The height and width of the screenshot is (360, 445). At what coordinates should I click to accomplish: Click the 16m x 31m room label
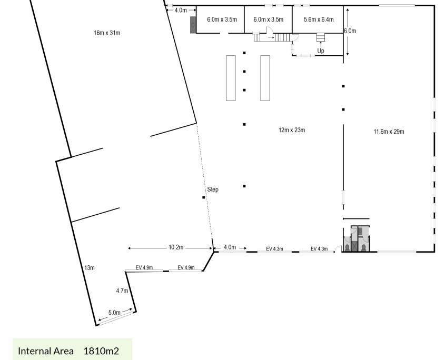(x=107, y=33)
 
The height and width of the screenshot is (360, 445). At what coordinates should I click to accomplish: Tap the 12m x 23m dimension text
(x=292, y=130)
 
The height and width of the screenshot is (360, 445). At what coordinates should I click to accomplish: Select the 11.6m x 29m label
(x=389, y=132)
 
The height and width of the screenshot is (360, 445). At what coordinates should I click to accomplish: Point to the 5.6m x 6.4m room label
(x=319, y=19)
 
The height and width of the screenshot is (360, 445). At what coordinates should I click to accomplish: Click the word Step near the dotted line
(x=213, y=189)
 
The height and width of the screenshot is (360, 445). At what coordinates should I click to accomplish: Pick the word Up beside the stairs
(x=321, y=51)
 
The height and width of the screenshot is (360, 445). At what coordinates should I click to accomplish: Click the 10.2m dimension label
(x=176, y=247)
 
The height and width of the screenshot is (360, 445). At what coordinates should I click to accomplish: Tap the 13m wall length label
(x=90, y=267)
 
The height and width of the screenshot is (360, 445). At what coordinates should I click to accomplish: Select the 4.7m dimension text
(x=122, y=291)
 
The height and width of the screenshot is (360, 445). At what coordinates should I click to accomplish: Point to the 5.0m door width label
(x=114, y=312)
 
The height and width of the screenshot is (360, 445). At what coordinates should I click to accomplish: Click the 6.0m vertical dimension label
(x=350, y=31)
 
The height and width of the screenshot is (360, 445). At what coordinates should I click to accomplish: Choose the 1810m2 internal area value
(x=101, y=351)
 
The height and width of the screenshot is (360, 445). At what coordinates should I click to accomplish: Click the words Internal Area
(x=46, y=351)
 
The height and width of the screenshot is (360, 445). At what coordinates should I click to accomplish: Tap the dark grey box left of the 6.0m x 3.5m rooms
(x=193, y=25)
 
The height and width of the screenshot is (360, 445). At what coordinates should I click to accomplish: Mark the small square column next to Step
(x=203, y=197)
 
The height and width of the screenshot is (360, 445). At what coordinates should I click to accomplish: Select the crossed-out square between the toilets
(x=354, y=246)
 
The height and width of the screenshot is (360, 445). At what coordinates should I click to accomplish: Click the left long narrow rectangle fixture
(x=231, y=78)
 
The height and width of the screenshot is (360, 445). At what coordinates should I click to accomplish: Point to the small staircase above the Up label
(x=321, y=37)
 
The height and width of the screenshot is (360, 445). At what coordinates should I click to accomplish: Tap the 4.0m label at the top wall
(x=181, y=11)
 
